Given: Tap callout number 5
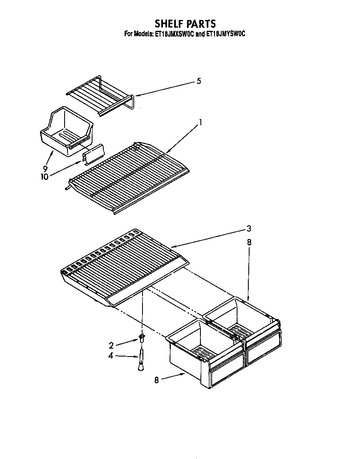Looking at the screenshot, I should [199, 81].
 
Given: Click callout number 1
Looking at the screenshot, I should [200, 122].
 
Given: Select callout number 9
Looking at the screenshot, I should [45, 169].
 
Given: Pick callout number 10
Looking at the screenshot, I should [44, 176].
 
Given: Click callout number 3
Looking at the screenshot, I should [248, 228].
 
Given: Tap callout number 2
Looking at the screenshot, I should [111, 345].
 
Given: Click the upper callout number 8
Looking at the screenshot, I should [249, 242].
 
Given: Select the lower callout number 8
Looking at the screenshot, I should [157, 380].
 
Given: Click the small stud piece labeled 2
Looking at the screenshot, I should [142, 338].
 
